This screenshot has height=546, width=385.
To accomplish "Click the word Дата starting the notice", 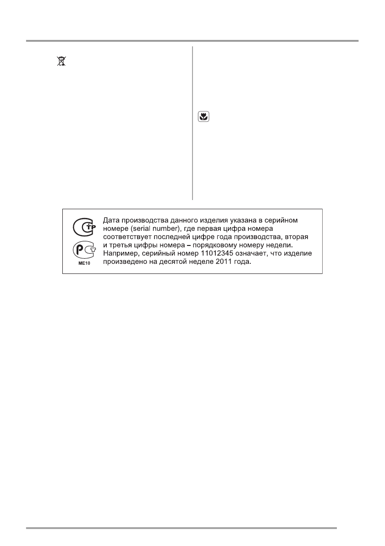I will point(111,221).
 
